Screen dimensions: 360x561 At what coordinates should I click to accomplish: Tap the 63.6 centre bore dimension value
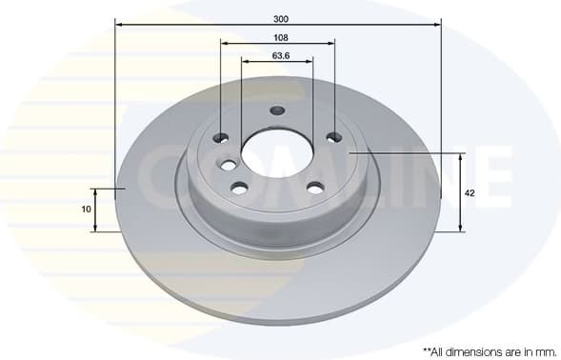point(279,55)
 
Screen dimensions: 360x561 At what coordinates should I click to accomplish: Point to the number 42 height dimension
point(469,192)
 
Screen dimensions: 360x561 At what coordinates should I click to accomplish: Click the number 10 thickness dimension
point(86,208)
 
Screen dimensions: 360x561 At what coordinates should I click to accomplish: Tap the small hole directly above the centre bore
point(277,110)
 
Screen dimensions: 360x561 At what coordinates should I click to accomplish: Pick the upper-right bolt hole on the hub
point(334,138)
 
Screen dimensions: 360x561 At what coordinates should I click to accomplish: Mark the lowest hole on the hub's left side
point(238,188)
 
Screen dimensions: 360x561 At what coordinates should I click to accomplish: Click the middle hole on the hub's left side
point(229,166)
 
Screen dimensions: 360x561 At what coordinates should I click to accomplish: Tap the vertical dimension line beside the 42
point(460,192)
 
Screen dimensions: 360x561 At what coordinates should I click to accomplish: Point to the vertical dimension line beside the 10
point(95,210)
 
